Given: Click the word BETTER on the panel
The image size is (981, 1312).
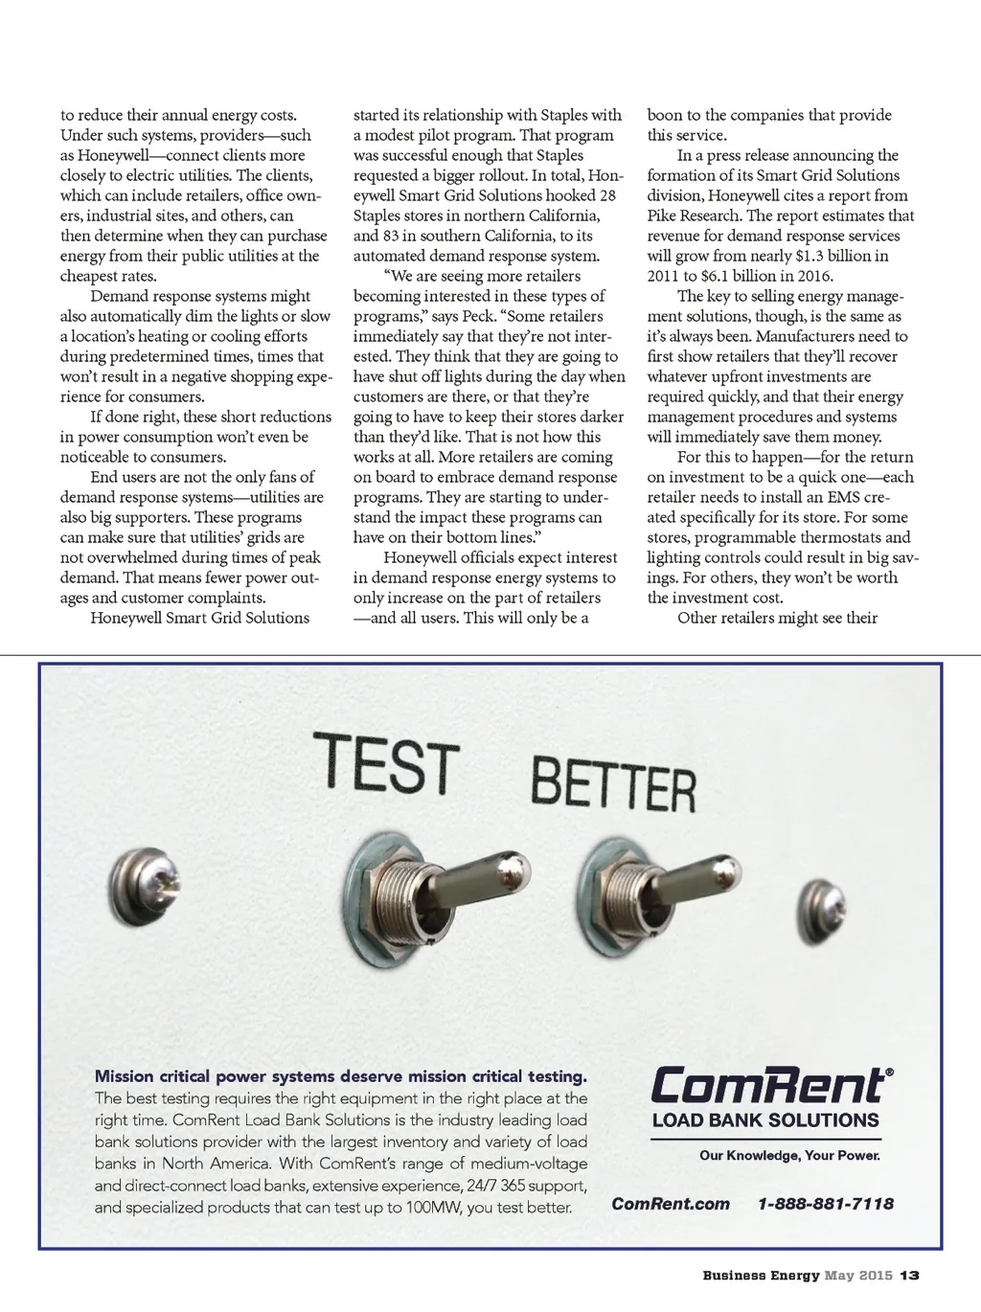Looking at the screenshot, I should coord(613,784).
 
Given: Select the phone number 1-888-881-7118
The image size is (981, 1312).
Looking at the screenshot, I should coord(825,1204).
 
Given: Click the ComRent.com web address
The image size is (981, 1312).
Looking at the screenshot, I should coord(671,1204).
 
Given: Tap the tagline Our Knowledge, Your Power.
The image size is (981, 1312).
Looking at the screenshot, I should coord(789,1155).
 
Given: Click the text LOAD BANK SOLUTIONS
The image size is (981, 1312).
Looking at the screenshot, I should coord(765,1120).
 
